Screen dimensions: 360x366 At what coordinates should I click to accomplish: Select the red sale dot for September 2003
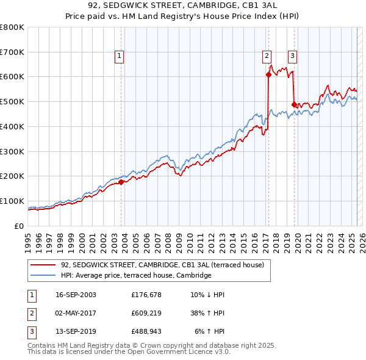[x=121, y=182]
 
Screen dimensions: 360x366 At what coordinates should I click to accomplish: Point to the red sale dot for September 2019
[x=294, y=104]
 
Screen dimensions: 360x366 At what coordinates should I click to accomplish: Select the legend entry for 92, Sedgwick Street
[x=162, y=265]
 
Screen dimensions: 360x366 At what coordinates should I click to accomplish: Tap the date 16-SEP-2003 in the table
[x=76, y=295]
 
